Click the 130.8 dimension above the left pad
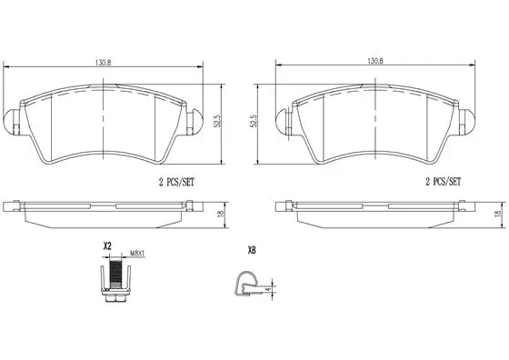(104, 63)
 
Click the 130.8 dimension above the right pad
(375, 61)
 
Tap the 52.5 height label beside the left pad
(218, 120)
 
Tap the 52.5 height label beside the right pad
(254, 120)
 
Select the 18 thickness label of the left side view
(221, 214)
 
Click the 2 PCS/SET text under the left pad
(176, 182)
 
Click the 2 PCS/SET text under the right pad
(444, 182)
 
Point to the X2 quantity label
(107, 246)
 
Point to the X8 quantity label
(252, 250)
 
